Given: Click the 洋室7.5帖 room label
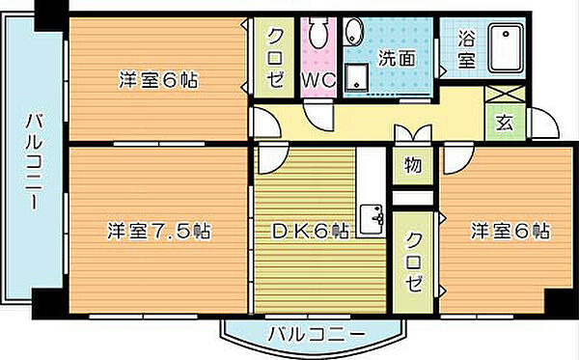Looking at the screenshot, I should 160,232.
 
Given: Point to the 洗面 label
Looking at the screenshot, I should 396,58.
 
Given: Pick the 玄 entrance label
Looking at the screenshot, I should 504,122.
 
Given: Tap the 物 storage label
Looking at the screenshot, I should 413,165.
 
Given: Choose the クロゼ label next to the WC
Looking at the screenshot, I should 276,58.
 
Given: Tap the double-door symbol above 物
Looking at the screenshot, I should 410,135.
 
